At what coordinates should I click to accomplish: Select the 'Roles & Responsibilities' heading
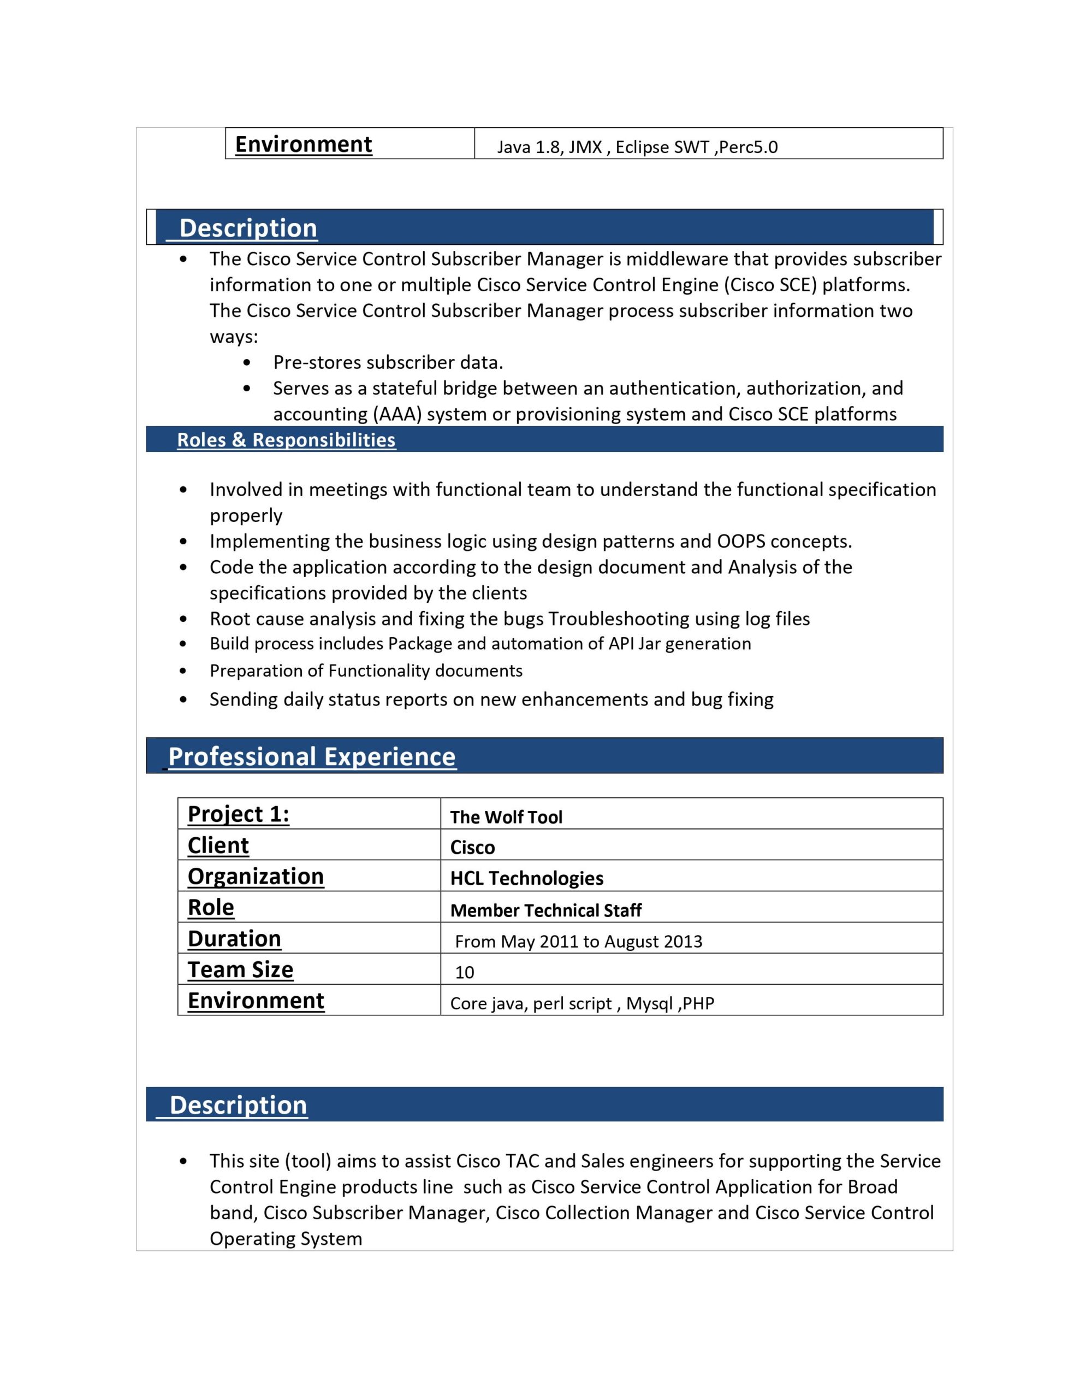tap(286, 440)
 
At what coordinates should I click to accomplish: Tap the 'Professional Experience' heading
tap(312, 756)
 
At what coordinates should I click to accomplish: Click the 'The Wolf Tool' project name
tap(506, 817)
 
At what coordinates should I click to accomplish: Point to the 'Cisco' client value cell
tap(472, 848)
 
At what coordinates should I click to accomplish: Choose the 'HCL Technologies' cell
tap(526, 878)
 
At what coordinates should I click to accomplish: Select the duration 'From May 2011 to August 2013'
tap(578, 941)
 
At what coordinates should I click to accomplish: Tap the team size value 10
tap(464, 972)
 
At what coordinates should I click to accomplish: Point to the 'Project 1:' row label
tap(238, 814)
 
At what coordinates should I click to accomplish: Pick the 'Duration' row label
tap(234, 938)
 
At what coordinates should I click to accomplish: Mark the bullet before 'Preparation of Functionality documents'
tap(184, 671)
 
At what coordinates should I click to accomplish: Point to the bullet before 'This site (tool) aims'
tap(184, 1161)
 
